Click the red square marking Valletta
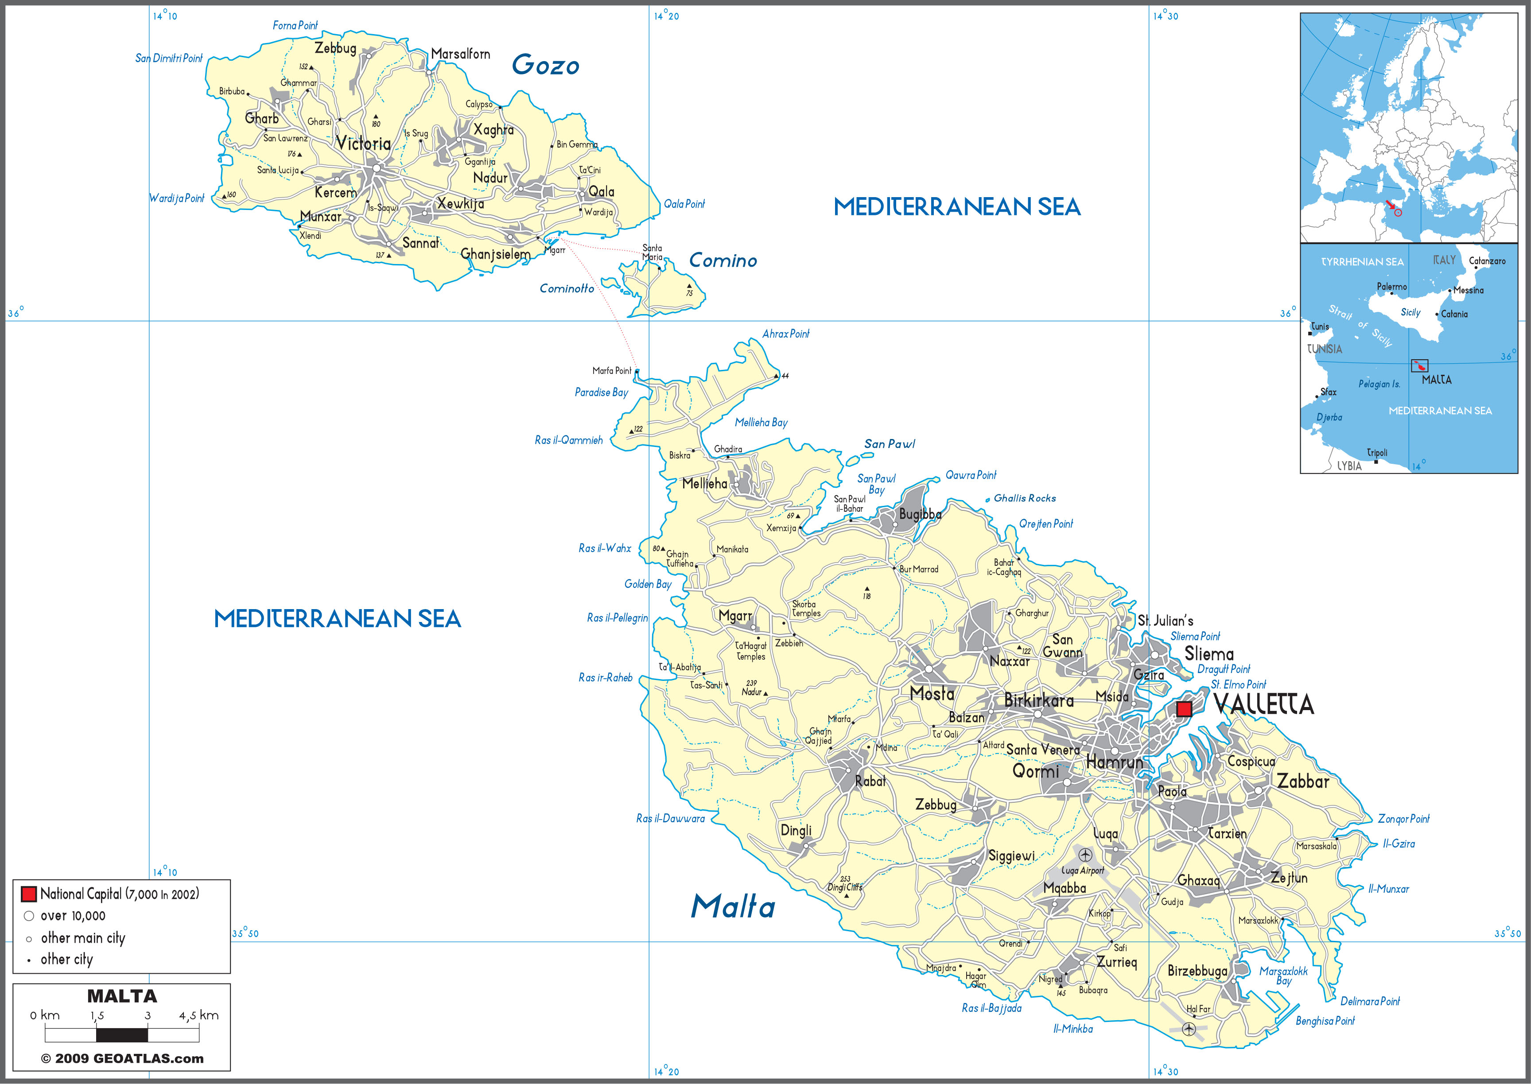(x=1183, y=709)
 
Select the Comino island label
(x=723, y=260)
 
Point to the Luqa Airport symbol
(x=1085, y=855)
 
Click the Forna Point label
(x=295, y=25)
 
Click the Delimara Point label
(x=1369, y=1001)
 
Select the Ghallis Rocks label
(x=1025, y=498)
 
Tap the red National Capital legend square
(x=29, y=894)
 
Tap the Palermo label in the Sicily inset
(x=1391, y=286)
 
